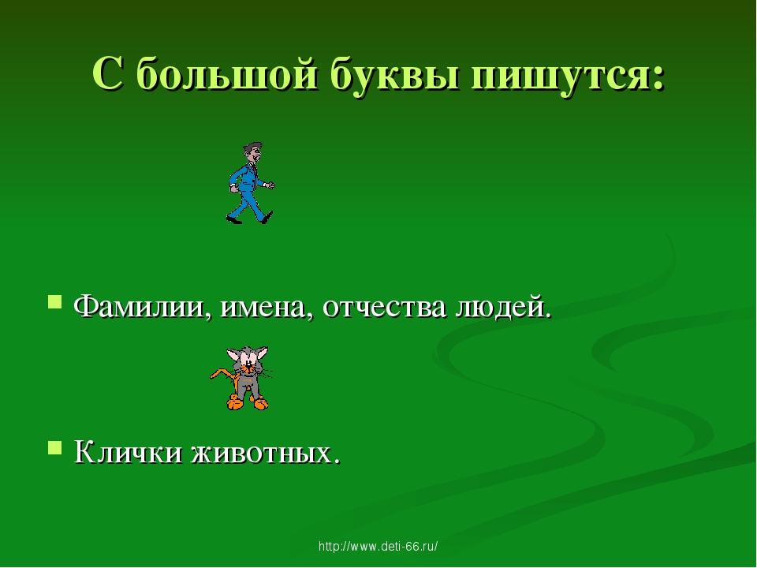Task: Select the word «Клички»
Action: [129, 453]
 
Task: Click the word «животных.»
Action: [266, 453]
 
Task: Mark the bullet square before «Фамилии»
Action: [55, 302]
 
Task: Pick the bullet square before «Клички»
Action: [55, 447]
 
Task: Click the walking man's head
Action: [252, 152]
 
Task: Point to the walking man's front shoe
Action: [267, 217]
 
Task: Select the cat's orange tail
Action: [222, 375]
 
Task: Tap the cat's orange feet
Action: [247, 402]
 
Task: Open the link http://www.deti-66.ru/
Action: [378, 546]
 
